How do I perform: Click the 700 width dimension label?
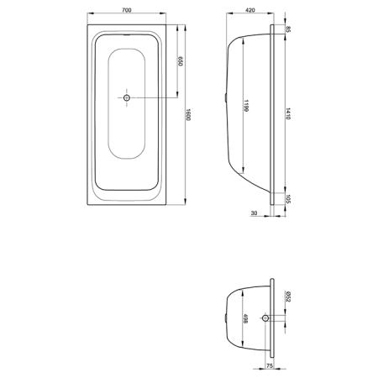click(x=127, y=10)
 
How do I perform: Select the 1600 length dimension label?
click(x=188, y=114)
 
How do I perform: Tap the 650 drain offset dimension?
click(x=180, y=61)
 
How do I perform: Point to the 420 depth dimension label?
click(x=250, y=10)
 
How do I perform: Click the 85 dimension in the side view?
click(x=288, y=29)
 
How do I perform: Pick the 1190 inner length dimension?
click(x=246, y=106)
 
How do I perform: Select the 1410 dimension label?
click(x=288, y=113)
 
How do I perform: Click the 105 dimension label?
click(x=288, y=199)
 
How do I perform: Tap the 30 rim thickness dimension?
click(x=254, y=213)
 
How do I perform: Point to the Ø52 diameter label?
click(x=288, y=297)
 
